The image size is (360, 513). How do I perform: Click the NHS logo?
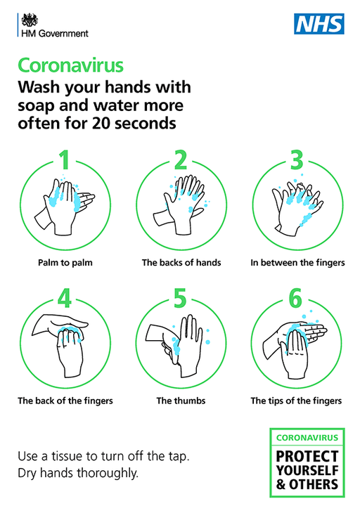[319, 24]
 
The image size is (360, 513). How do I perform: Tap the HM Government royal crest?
[30, 20]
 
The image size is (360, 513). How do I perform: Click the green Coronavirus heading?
[71, 65]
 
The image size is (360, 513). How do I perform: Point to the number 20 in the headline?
[101, 124]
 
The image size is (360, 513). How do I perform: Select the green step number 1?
[65, 160]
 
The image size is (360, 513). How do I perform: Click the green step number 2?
[181, 160]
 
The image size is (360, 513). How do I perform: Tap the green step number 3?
[297, 160]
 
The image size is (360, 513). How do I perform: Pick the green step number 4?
[65, 298]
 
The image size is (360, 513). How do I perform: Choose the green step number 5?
[180, 298]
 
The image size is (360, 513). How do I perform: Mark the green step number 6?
[295, 298]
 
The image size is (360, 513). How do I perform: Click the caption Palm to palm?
[65, 263]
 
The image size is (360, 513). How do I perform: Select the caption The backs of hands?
[181, 263]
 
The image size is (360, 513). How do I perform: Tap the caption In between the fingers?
[297, 263]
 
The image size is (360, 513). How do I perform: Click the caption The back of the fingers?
[65, 401]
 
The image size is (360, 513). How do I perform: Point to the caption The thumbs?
[181, 401]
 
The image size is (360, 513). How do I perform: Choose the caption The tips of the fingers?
[296, 401]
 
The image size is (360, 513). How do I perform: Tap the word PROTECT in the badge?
[307, 456]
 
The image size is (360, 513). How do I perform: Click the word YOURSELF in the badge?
[307, 470]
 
